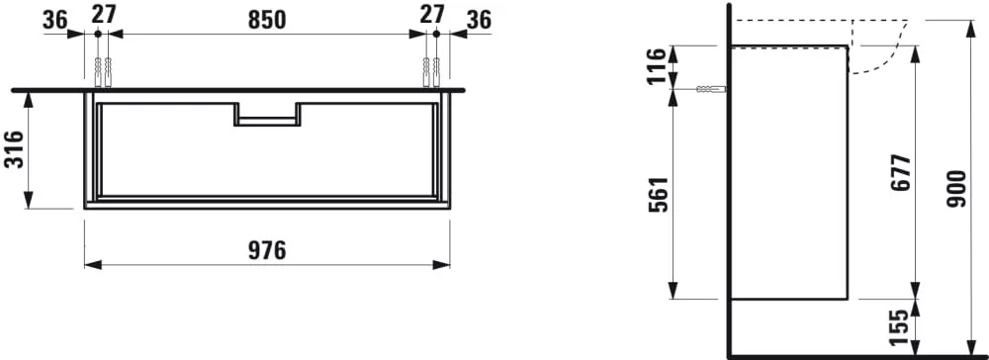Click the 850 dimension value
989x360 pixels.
pos(266,20)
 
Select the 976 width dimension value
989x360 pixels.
pos(266,250)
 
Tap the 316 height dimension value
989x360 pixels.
pos(14,149)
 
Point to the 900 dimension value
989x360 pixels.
pos(956,189)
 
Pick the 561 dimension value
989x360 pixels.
pos(659,193)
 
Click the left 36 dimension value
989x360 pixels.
pos(55,20)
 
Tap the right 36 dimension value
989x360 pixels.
pos(478,20)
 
